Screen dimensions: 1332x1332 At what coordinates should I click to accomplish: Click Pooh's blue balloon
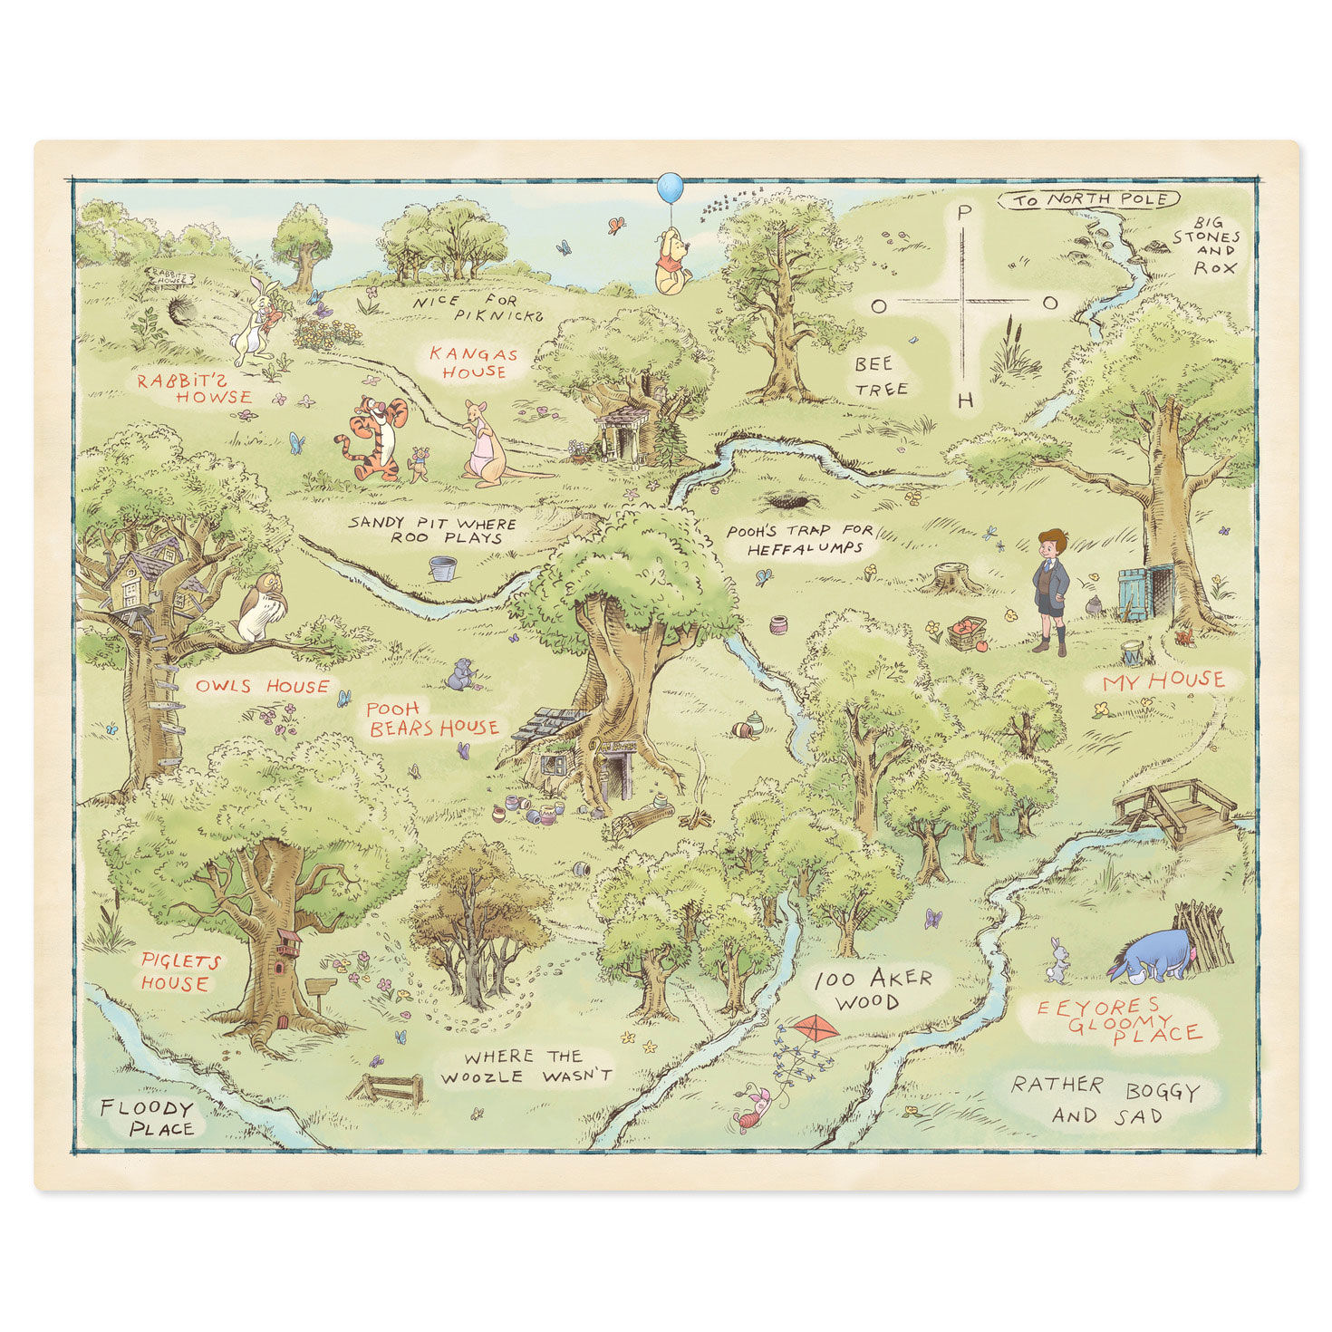click(x=670, y=188)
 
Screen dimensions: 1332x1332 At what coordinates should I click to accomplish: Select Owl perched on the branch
click(x=261, y=606)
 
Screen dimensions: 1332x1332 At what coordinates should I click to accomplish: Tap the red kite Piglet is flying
click(x=816, y=1028)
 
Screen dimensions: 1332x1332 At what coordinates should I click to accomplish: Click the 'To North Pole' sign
click(x=1089, y=199)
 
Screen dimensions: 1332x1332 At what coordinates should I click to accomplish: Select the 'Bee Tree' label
click(x=880, y=376)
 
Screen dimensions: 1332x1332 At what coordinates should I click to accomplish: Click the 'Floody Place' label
click(x=147, y=1118)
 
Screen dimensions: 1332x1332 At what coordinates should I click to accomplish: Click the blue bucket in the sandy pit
click(x=443, y=568)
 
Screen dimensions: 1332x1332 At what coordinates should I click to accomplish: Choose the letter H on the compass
click(x=966, y=401)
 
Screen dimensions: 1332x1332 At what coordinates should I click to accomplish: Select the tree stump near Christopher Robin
click(x=952, y=576)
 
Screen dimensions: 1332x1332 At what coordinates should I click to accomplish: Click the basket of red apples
click(x=967, y=632)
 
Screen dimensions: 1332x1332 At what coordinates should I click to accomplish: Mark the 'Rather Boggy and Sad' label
click(x=1105, y=1100)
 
